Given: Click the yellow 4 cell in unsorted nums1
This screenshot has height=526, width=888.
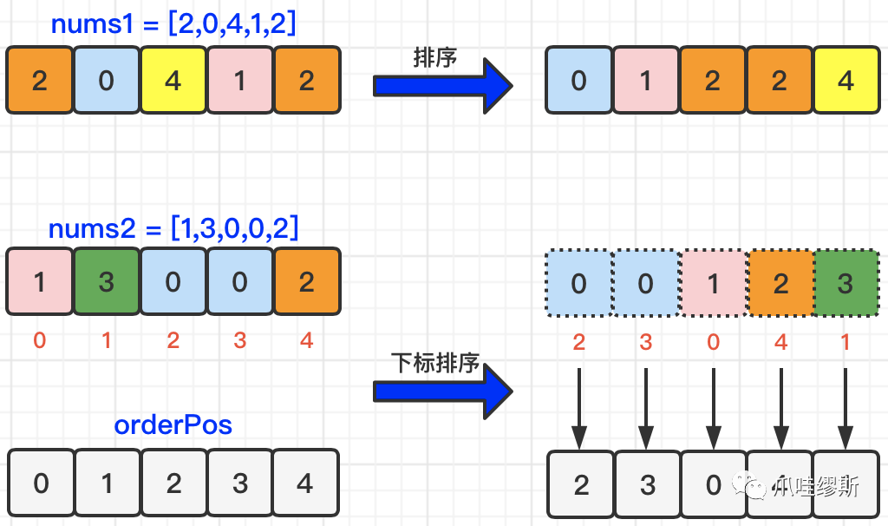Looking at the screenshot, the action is (173, 80).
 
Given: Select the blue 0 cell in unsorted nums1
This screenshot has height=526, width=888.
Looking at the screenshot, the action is (107, 80).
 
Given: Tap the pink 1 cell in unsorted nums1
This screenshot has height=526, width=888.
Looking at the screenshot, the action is (240, 80).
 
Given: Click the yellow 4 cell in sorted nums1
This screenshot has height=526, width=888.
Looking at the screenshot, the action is (846, 80).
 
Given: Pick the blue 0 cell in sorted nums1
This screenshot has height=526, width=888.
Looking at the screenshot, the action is (578, 80).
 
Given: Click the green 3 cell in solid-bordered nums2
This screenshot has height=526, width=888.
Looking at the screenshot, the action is (107, 281).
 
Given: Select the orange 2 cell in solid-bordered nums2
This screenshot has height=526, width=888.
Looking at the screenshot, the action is (307, 281).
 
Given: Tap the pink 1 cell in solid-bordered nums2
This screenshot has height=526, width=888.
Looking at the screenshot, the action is (40, 281).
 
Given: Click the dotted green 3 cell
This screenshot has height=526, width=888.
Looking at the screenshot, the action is (846, 283).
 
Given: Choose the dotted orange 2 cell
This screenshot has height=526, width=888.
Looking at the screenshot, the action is (781, 283).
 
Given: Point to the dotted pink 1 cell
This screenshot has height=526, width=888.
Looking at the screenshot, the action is (714, 283).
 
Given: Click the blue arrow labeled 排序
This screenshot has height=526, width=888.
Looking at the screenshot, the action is (443, 86).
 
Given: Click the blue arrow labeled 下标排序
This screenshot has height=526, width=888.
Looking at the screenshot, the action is (443, 391).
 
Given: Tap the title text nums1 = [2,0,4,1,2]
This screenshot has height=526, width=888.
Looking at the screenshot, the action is (173, 23).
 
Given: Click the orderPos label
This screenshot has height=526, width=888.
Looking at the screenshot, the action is (173, 424).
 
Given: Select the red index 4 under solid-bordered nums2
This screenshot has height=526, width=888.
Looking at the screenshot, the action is (306, 340).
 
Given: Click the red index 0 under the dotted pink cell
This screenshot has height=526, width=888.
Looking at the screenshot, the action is (714, 342).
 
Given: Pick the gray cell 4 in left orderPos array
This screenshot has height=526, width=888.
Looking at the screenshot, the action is (306, 483).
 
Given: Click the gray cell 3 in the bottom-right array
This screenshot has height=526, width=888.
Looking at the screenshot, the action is (647, 484).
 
